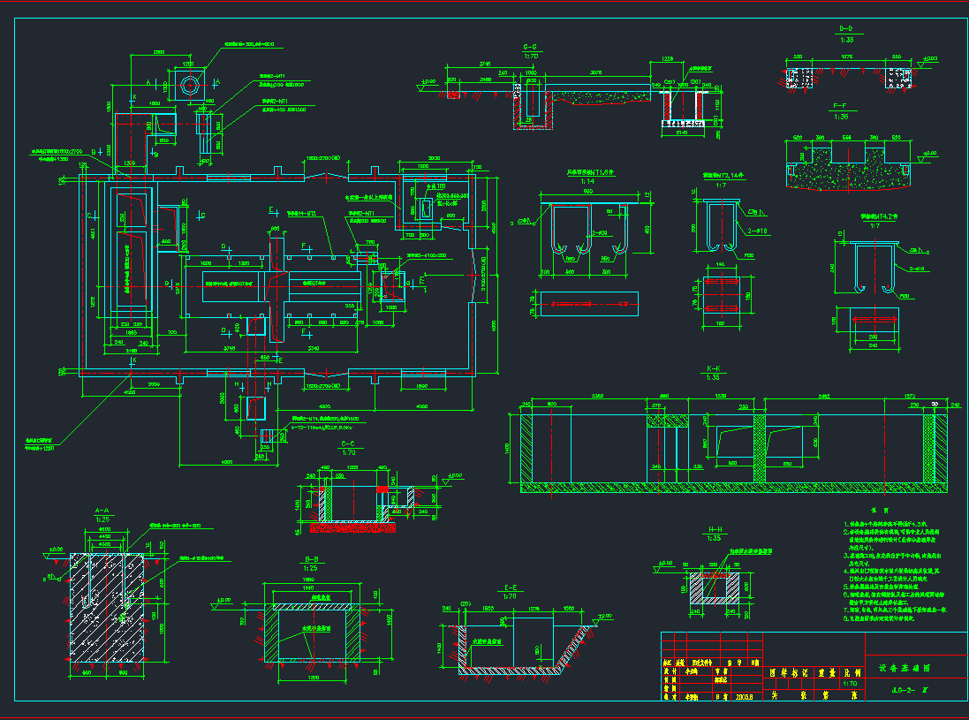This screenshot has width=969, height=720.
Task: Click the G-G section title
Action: click(x=531, y=46)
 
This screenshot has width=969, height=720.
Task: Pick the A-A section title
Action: click(x=102, y=511)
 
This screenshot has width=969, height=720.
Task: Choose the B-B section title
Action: click(x=310, y=559)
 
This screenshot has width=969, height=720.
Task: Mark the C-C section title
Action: click(x=346, y=443)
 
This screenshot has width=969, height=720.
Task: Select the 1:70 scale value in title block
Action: click(x=851, y=682)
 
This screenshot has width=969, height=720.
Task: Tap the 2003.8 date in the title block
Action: click(x=744, y=695)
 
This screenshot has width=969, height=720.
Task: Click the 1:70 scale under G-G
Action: click(x=531, y=56)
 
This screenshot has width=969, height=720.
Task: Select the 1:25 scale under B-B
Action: click(x=310, y=568)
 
